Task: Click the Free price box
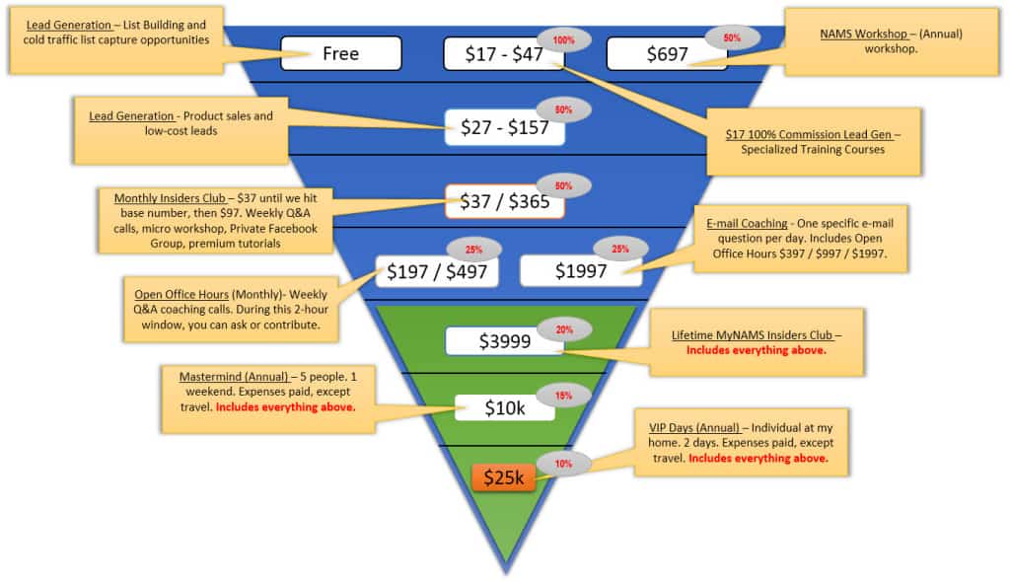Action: click(x=340, y=53)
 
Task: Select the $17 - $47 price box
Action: click(x=504, y=54)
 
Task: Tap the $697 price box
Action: click(x=667, y=54)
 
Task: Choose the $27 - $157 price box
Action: click(x=504, y=128)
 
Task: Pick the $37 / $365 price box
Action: click(x=503, y=201)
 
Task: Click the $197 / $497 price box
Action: click(x=437, y=271)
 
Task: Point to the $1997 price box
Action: click(x=580, y=271)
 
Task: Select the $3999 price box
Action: click(x=504, y=341)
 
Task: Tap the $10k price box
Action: click(x=504, y=407)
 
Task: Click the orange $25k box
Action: click(x=504, y=478)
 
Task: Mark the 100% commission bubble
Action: click(x=563, y=39)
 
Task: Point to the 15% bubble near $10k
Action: click(x=563, y=396)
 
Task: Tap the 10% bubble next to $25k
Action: click(x=563, y=464)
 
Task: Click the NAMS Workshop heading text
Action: click(x=863, y=34)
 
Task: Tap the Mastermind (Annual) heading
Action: click(x=233, y=377)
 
